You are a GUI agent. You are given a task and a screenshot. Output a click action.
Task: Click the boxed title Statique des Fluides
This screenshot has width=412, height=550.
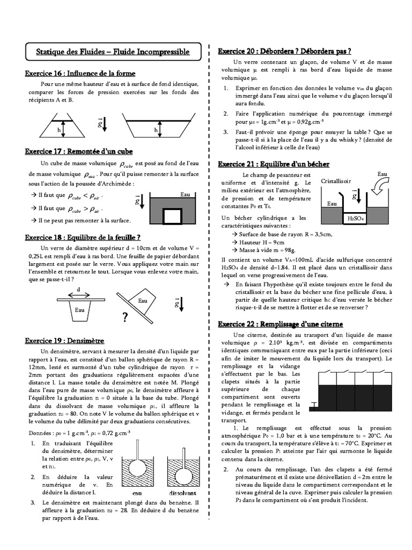click(113, 52)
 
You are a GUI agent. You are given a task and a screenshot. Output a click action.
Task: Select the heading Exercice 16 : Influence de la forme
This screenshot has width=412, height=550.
click(80, 73)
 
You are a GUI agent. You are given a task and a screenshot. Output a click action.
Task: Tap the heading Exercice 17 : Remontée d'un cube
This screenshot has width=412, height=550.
click(79, 151)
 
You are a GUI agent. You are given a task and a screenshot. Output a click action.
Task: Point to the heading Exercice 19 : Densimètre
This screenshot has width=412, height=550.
click(64, 341)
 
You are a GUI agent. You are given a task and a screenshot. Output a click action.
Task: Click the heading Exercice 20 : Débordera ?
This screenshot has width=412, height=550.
click(284, 51)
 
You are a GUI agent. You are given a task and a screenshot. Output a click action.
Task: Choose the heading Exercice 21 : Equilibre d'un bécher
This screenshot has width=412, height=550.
click(273, 164)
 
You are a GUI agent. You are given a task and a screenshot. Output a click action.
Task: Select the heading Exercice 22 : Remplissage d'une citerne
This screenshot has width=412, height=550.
click(280, 324)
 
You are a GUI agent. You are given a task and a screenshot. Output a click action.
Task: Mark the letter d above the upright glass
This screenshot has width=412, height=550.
click(79, 289)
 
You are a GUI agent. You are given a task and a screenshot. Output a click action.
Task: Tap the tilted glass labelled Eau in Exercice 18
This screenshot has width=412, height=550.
click(144, 302)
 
